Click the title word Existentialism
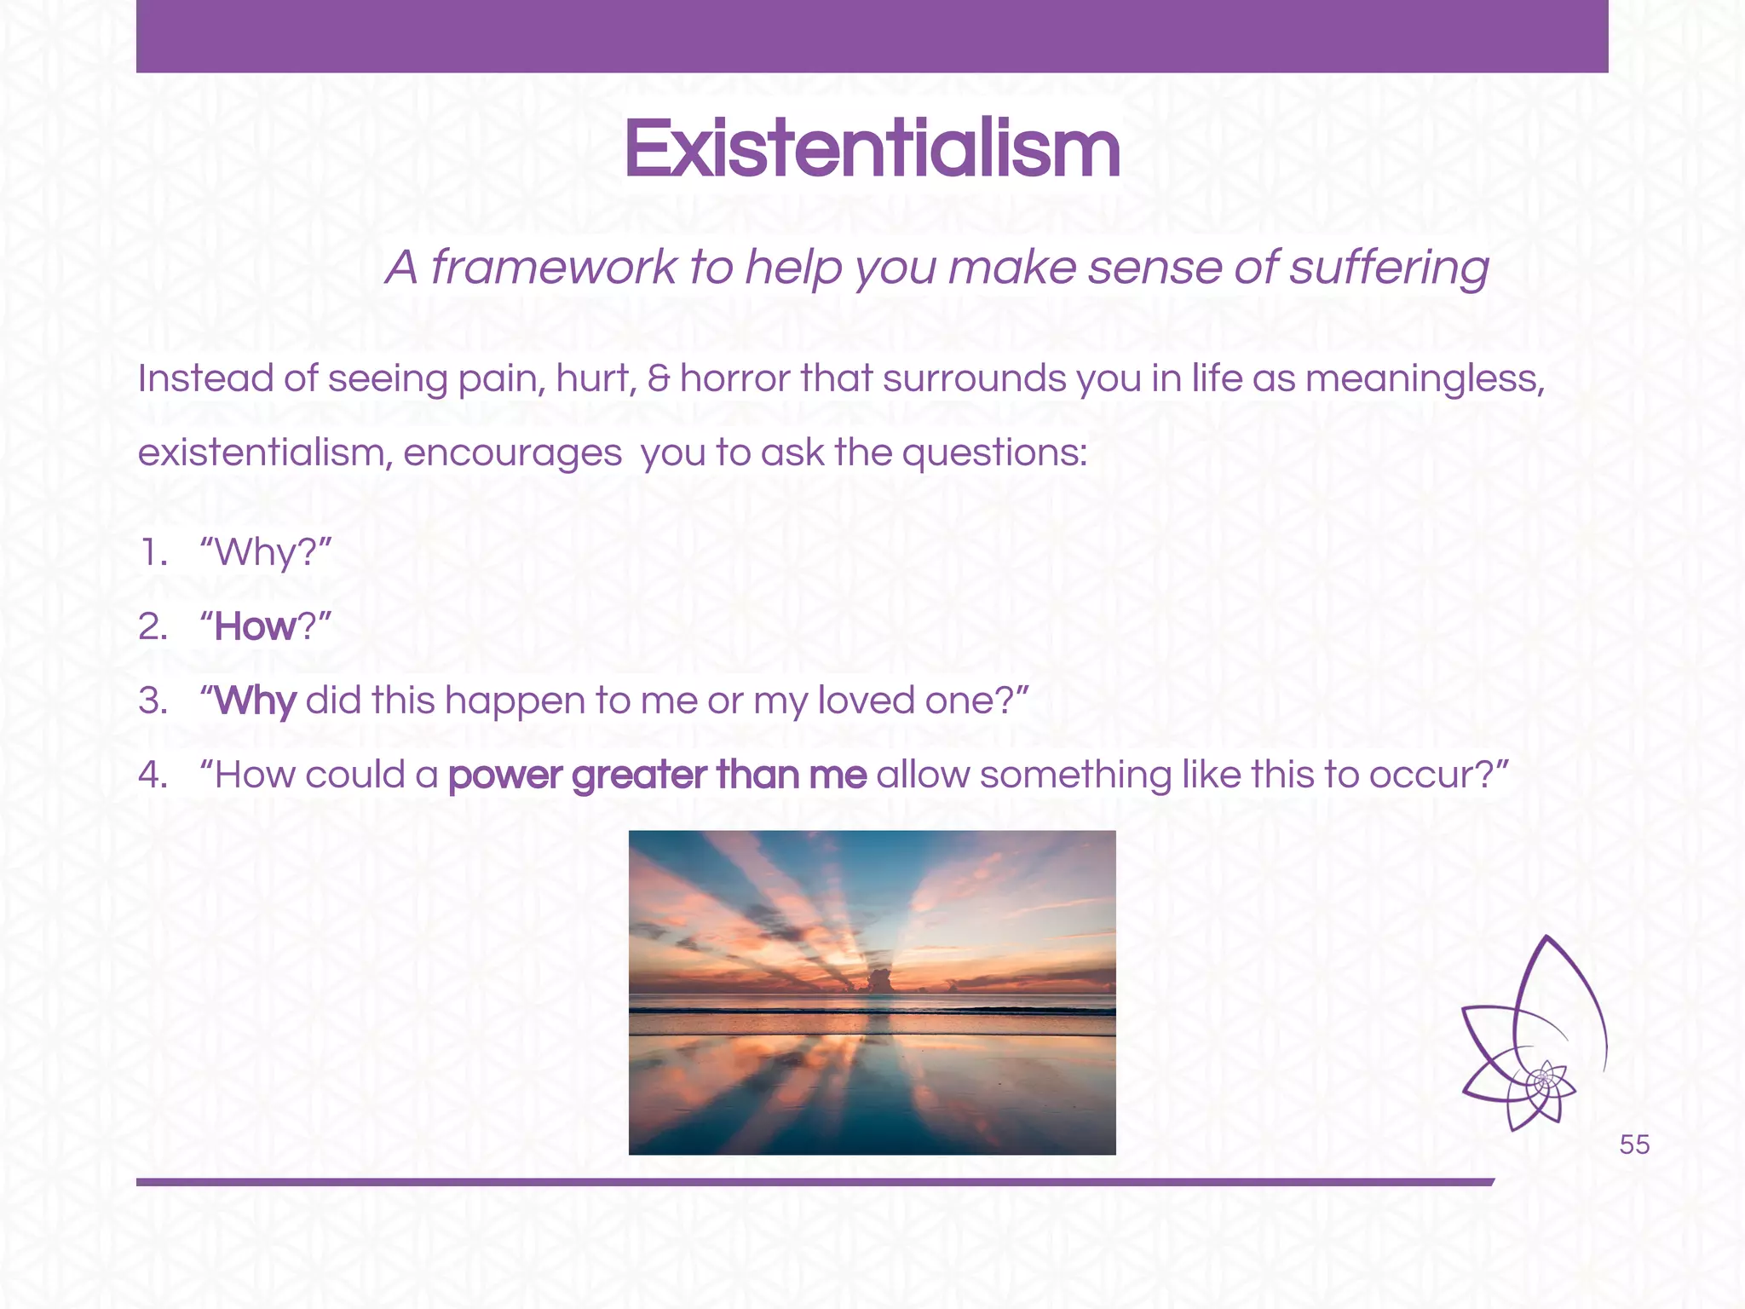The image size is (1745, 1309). [x=872, y=150]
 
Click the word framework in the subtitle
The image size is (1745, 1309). [x=552, y=268]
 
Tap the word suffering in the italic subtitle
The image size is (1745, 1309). [x=1389, y=268]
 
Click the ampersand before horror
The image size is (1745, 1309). [x=659, y=378]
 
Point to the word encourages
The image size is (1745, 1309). [x=512, y=453]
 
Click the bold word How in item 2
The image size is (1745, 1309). [x=254, y=627]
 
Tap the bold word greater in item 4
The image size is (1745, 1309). [x=639, y=776]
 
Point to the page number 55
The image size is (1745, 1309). [x=1634, y=1145]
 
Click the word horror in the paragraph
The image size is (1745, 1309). [x=735, y=378]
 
